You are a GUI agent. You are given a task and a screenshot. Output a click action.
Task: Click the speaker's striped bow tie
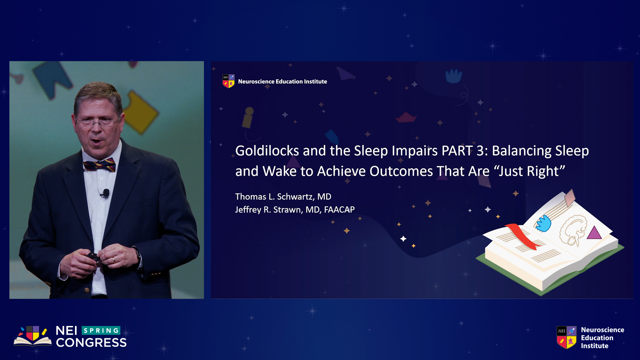coord(99,165)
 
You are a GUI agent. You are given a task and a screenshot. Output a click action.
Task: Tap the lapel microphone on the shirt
coord(106,193)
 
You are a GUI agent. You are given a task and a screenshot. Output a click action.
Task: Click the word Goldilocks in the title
coord(267,151)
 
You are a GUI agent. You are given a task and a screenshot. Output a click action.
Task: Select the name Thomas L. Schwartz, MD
coord(283,197)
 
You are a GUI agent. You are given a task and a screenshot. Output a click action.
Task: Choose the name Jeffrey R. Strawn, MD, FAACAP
coord(295,210)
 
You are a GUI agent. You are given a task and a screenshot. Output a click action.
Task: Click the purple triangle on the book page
coord(594,233)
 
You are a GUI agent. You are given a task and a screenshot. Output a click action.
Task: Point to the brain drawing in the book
coord(574,230)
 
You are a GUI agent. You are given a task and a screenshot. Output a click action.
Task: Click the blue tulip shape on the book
coord(544,223)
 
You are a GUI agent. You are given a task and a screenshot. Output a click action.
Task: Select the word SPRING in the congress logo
coord(101,331)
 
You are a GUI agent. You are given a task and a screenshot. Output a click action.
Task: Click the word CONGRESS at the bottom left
coord(91,343)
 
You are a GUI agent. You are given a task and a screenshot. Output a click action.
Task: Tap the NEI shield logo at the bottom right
coord(566,337)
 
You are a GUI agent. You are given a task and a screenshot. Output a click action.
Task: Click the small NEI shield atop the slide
coord(228,81)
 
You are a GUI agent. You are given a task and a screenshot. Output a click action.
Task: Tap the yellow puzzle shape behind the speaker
coord(140,112)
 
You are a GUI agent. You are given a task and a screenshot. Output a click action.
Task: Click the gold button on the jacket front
coord(87,290)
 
